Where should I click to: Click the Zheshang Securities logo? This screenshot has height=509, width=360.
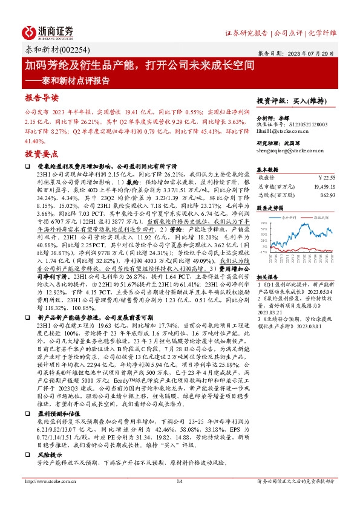pyautogui.click(x=48, y=32)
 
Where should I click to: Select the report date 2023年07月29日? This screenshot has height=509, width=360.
pyautogui.click(x=315, y=54)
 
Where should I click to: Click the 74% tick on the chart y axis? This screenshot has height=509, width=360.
pyautogui.click(x=263, y=223)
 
